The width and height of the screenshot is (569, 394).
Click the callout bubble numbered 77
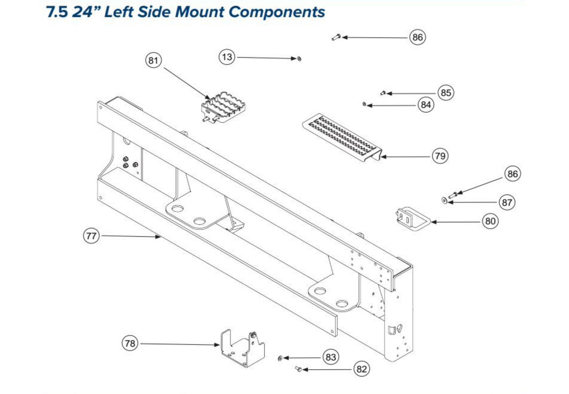(91, 236)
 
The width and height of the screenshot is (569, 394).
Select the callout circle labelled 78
(130, 343)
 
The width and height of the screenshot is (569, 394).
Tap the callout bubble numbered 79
(440, 156)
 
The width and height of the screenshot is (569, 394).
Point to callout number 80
(490, 221)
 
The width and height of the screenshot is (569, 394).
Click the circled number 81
(153, 60)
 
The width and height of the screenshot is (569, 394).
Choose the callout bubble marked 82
(362, 369)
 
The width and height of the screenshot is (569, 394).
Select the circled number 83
(331, 357)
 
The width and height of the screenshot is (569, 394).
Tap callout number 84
(426, 105)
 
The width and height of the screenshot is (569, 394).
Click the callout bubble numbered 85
(446, 93)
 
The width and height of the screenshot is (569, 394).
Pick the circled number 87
(507, 203)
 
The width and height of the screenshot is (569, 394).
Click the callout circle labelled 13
(227, 57)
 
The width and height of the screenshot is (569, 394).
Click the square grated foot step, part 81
(223, 107)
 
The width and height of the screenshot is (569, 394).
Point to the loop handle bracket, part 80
(414, 219)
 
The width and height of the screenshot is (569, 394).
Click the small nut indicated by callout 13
(299, 59)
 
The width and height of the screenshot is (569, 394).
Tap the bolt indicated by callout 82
(298, 369)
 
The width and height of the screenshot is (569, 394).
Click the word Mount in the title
(200, 12)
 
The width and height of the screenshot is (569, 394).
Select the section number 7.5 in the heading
(57, 12)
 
